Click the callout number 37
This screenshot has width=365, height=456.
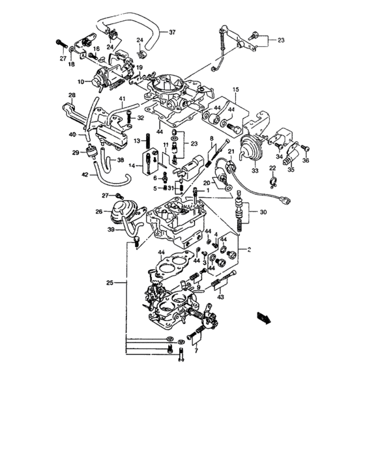173,32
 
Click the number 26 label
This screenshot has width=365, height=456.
100,211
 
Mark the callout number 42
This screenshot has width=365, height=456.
86,175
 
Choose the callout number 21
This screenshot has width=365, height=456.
230,152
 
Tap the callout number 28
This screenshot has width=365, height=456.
72,96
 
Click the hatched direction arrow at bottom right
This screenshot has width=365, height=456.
265,317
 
